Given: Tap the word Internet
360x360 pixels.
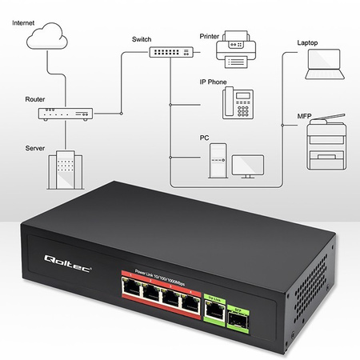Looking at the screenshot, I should pyautogui.click(x=22, y=25).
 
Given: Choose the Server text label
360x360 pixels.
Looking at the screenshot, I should pyautogui.click(x=35, y=147).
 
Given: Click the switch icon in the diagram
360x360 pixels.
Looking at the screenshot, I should pyautogui.click(x=170, y=51).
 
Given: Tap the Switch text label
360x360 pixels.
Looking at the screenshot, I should pyautogui.click(x=141, y=38).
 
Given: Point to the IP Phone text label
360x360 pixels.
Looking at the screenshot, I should pyautogui.click(x=213, y=82).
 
